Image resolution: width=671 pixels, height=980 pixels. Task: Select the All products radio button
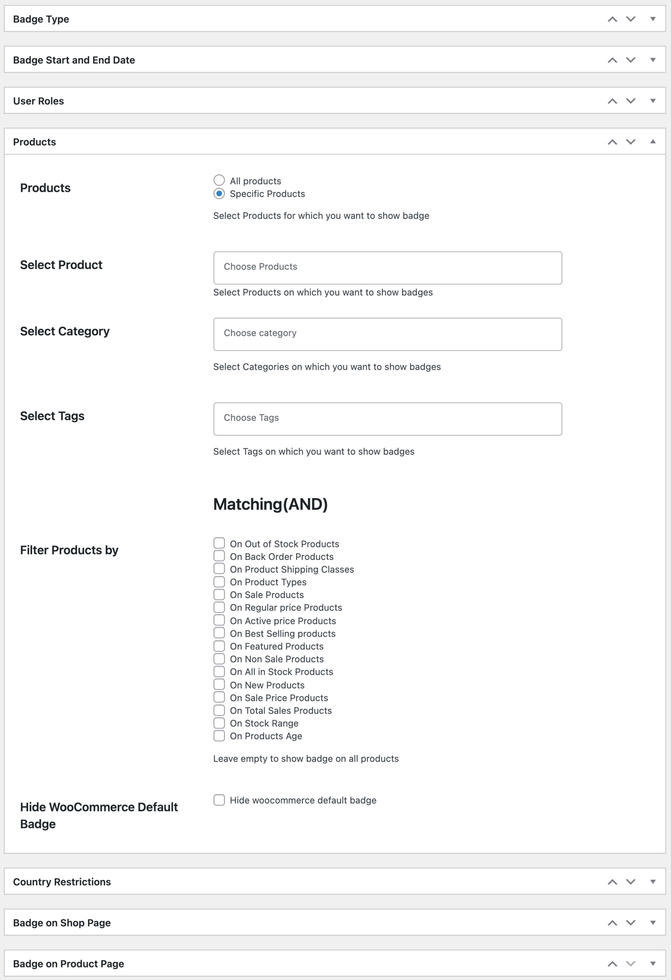point(219,180)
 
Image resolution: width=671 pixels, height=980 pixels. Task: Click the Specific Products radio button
point(219,194)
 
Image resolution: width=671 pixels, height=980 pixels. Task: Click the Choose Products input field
point(387,268)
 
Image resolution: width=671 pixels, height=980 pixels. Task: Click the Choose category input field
point(387,334)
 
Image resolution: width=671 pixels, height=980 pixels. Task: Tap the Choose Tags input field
point(387,419)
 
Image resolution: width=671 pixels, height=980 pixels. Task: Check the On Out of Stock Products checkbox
point(219,543)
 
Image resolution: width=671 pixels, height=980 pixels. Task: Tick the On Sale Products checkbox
point(219,594)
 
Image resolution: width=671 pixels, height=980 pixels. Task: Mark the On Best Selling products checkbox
point(219,633)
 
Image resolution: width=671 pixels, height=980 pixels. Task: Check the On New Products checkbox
point(219,684)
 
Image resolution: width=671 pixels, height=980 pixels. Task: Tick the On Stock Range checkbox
point(219,723)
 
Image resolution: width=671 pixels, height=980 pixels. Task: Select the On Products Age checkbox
point(219,735)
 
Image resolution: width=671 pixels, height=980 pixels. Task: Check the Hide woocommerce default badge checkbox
point(219,800)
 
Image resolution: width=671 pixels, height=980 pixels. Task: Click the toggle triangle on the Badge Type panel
point(652,19)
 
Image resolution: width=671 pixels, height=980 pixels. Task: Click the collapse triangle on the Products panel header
point(652,142)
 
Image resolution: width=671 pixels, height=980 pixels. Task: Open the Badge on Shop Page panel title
point(62,923)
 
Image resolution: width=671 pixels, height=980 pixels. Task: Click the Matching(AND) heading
point(270,504)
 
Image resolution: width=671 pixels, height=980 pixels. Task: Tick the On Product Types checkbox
point(219,581)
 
